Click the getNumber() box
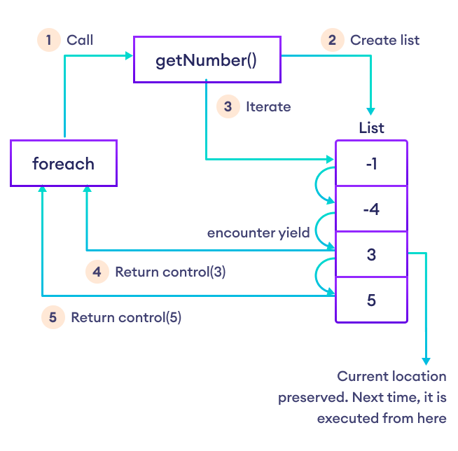point(207,60)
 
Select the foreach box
point(63,164)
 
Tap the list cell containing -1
point(371,163)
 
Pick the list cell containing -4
point(371,209)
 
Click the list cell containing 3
point(371,254)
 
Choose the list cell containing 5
point(371,300)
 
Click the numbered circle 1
point(48,40)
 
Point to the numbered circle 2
point(332,40)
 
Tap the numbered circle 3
point(228,106)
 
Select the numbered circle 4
point(97,272)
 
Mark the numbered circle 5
point(53,317)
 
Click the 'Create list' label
point(384,40)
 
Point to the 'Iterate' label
point(268,107)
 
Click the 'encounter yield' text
point(258,233)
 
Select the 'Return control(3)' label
point(170,272)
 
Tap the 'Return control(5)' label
point(126,317)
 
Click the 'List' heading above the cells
point(371,129)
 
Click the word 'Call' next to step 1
point(80,40)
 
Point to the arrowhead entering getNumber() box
point(129,54)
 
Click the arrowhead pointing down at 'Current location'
point(426,359)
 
